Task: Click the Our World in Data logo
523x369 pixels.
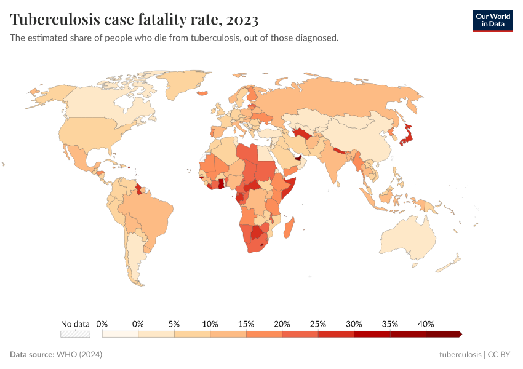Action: pos(492,20)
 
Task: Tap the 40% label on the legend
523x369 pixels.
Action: pos(426,323)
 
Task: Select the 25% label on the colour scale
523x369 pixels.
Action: pos(318,323)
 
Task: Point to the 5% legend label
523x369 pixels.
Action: pos(174,323)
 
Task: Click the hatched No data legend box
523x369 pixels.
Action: pos(75,334)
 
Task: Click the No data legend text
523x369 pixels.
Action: pos(75,323)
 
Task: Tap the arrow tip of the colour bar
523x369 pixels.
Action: pos(460,334)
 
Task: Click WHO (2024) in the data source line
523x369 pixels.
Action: pos(79,355)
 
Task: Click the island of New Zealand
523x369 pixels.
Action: pos(451,266)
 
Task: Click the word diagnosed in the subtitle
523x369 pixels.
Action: pos(317,38)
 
